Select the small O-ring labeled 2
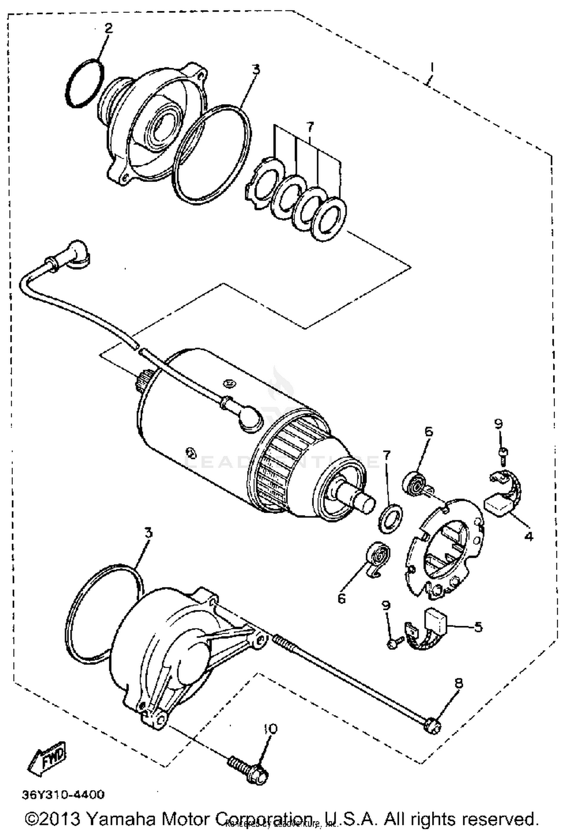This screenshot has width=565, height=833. click(x=85, y=82)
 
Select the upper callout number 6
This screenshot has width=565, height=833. click(x=429, y=431)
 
